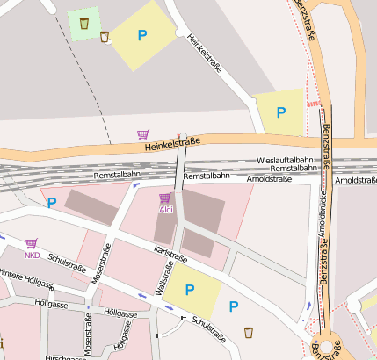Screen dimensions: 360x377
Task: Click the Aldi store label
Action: [166, 210]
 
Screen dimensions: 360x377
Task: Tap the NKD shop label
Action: [33, 256]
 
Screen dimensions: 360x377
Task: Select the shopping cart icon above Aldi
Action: [165, 198]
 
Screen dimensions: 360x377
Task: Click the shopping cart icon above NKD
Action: [32, 243]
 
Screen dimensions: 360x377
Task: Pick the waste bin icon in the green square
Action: [83, 23]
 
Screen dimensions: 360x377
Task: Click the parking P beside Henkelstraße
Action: [141, 36]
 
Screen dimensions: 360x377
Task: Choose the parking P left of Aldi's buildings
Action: [51, 203]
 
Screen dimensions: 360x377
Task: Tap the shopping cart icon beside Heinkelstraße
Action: [143, 134]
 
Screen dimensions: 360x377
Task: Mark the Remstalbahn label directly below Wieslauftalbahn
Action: [293, 168]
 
